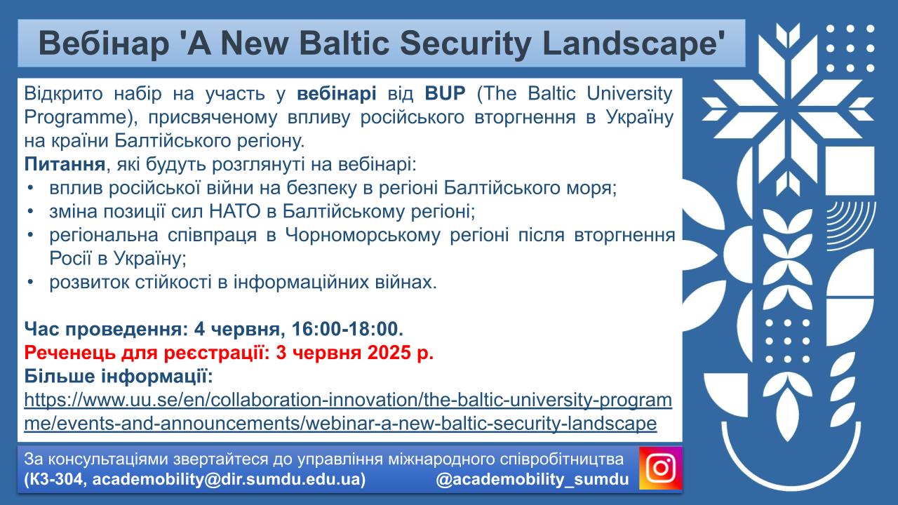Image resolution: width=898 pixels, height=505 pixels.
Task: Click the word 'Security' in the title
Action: (x=465, y=44)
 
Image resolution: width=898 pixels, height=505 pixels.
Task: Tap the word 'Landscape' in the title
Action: (x=634, y=44)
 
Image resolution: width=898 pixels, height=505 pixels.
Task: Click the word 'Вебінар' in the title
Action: (x=104, y=43)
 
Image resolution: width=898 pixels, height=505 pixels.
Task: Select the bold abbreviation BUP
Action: (x=445, y=94)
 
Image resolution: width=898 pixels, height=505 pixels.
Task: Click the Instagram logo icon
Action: (x=660, y=468)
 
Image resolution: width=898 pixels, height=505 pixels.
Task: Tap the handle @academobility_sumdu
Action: (x=532, y=480)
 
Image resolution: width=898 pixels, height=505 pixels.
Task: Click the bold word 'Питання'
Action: (x=65, y=164)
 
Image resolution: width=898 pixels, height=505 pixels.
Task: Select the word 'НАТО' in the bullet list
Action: (x=235, y=211)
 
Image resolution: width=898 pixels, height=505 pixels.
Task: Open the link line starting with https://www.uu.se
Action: (x=348, y=400)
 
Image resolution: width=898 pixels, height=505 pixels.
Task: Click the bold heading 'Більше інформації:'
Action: (x=119, y=377)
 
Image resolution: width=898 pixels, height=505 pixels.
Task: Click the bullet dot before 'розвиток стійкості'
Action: (x=30, y=282)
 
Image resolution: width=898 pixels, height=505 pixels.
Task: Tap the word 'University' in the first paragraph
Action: (x=629, y=94)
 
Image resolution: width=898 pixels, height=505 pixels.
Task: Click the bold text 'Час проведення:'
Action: (x=106, y=329)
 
